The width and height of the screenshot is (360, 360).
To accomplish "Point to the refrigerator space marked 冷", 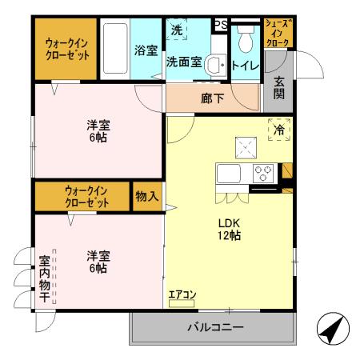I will tap(279, 130).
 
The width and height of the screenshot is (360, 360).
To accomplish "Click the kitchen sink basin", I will tap(227, 174).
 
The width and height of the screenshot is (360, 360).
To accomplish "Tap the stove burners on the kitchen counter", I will tap(264, 170).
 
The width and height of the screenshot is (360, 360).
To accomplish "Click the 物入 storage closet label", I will tap(146, 195).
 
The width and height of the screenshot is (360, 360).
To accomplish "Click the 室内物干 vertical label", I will tap(45, 279).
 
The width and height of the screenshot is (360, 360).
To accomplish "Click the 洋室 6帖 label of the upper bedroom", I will tap(98, 130).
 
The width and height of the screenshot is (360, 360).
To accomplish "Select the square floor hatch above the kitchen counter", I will tap(244, 146).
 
